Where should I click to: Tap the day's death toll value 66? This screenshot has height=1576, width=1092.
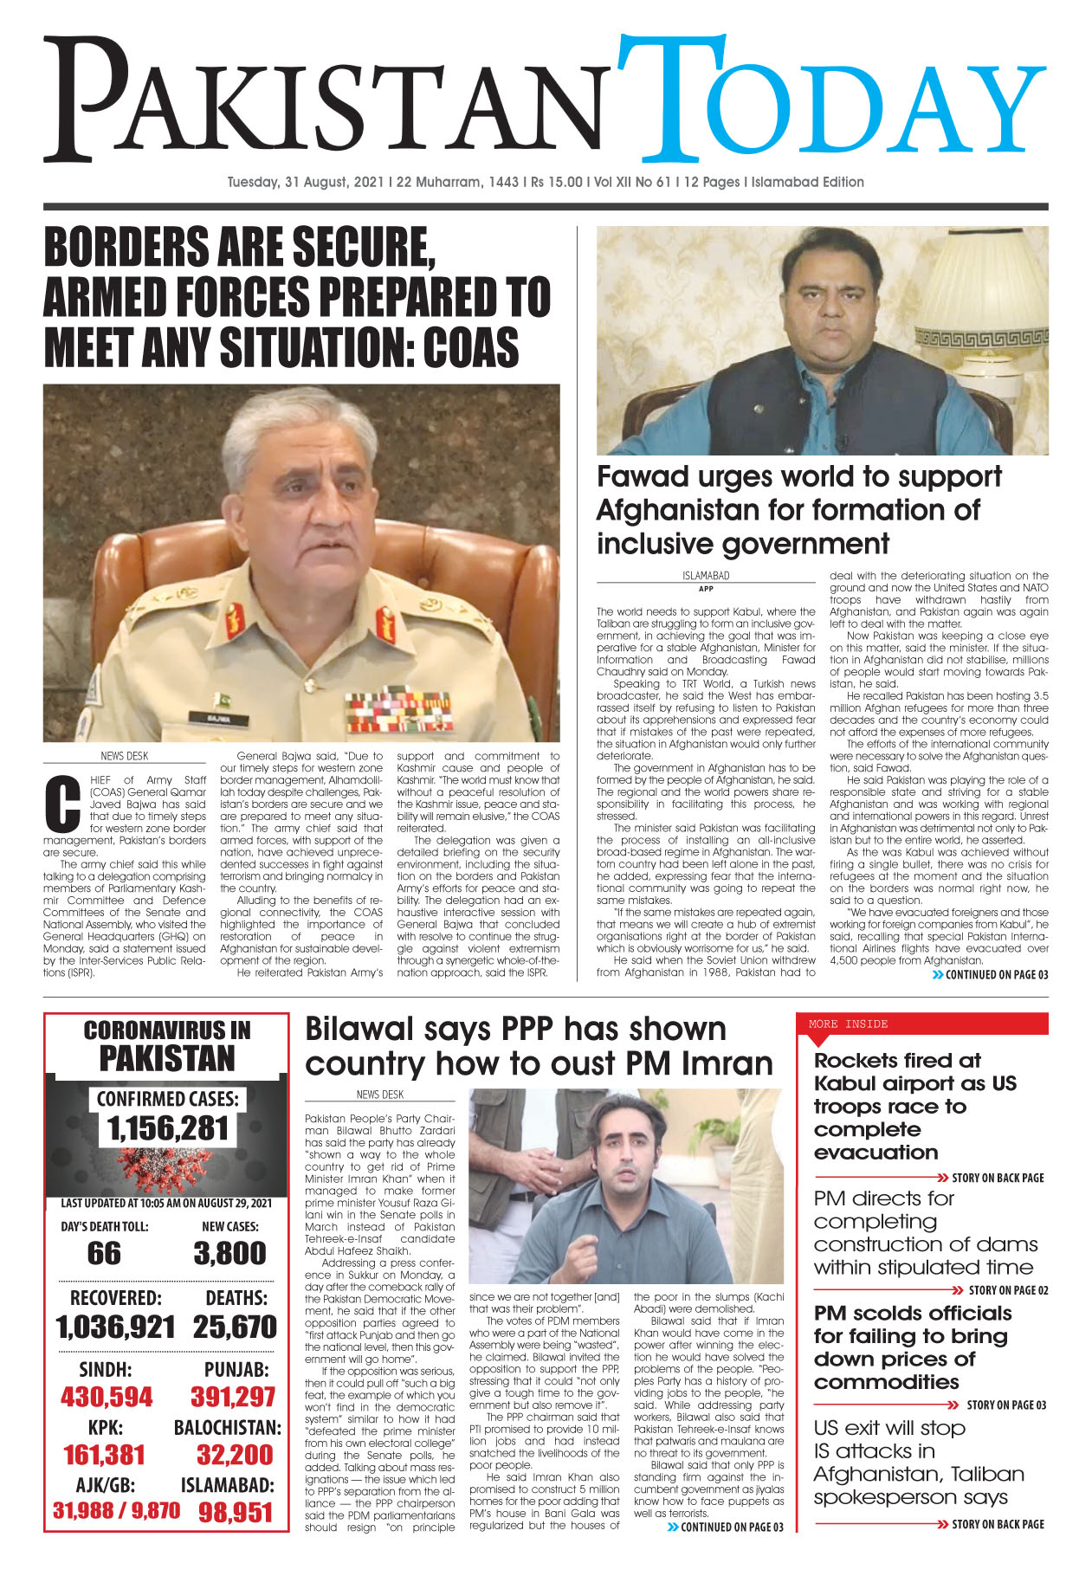(x=104, y=1253)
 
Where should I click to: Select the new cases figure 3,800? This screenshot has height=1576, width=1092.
(x=229, y=1253)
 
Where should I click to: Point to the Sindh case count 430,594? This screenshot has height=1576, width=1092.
(x=106, y=1396)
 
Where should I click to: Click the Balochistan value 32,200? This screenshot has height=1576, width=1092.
(x=234, y=1454)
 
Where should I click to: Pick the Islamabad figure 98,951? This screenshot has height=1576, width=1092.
(x=236, y=1512)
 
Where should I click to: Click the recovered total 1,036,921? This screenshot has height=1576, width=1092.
(x=115, y=1327)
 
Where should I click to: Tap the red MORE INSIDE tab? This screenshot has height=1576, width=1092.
(x=849, y=1024)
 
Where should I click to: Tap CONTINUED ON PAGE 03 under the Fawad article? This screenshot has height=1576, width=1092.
(x=996, y=974)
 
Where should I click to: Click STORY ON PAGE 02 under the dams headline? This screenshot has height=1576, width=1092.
(x=1007, y=1290)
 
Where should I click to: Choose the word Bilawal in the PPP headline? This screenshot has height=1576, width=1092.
(x=359, y=1029)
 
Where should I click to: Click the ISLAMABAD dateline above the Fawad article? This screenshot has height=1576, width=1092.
(x=706, y=575)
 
